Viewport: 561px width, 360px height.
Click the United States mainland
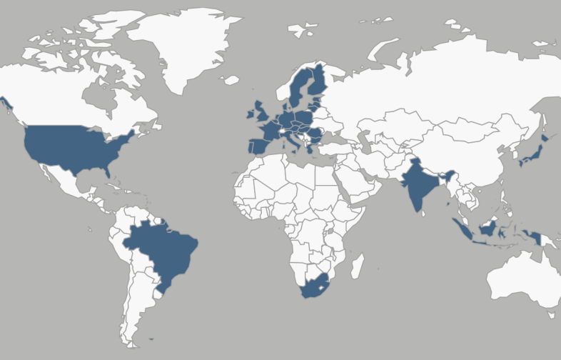tap(71, 146)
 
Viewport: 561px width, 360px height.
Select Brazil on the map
tap(164, 250)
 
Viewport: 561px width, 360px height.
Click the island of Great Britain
tap(261, 114)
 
